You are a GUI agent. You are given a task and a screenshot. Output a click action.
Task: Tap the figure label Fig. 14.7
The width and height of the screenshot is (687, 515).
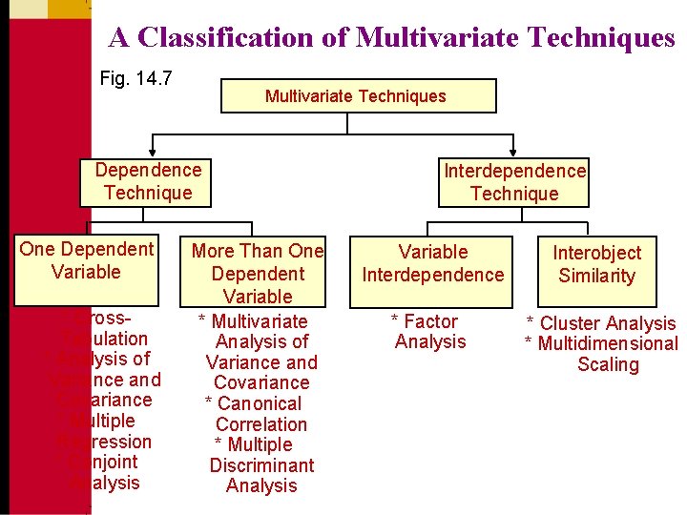[x=136, y=78]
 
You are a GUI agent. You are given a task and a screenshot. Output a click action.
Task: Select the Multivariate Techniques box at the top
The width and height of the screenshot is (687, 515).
[x=358, y=96]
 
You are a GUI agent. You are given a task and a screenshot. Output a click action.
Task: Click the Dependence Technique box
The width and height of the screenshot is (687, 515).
[x=148, y=182]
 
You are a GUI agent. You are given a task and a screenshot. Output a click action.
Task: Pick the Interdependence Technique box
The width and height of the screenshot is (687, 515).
[x=514, y=182]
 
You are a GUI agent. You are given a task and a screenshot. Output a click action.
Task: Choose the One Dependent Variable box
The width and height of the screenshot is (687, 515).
[x=87, y=260]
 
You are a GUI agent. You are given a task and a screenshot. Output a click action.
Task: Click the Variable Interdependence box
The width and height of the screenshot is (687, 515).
[x=432, y=263]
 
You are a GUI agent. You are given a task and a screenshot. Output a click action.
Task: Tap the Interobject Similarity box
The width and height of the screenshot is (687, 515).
[x=596, y=264]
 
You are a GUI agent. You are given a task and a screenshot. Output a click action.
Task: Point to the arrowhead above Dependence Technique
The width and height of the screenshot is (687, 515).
[x=149, y=151]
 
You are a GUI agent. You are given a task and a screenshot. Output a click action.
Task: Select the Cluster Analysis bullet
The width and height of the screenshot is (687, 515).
[x=601, y=324]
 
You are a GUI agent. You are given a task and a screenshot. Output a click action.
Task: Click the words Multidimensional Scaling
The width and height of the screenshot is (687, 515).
[x=603, y=354]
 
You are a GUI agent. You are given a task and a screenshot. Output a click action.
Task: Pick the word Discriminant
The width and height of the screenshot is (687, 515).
[x=261, y=465]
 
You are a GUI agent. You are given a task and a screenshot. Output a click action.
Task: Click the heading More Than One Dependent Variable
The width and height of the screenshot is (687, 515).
[x=258, y=274]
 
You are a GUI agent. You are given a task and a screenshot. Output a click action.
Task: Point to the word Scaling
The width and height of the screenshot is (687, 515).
[x=609, y=364]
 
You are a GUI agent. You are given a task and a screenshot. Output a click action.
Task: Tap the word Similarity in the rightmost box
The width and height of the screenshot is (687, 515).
[x=596, y=277]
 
